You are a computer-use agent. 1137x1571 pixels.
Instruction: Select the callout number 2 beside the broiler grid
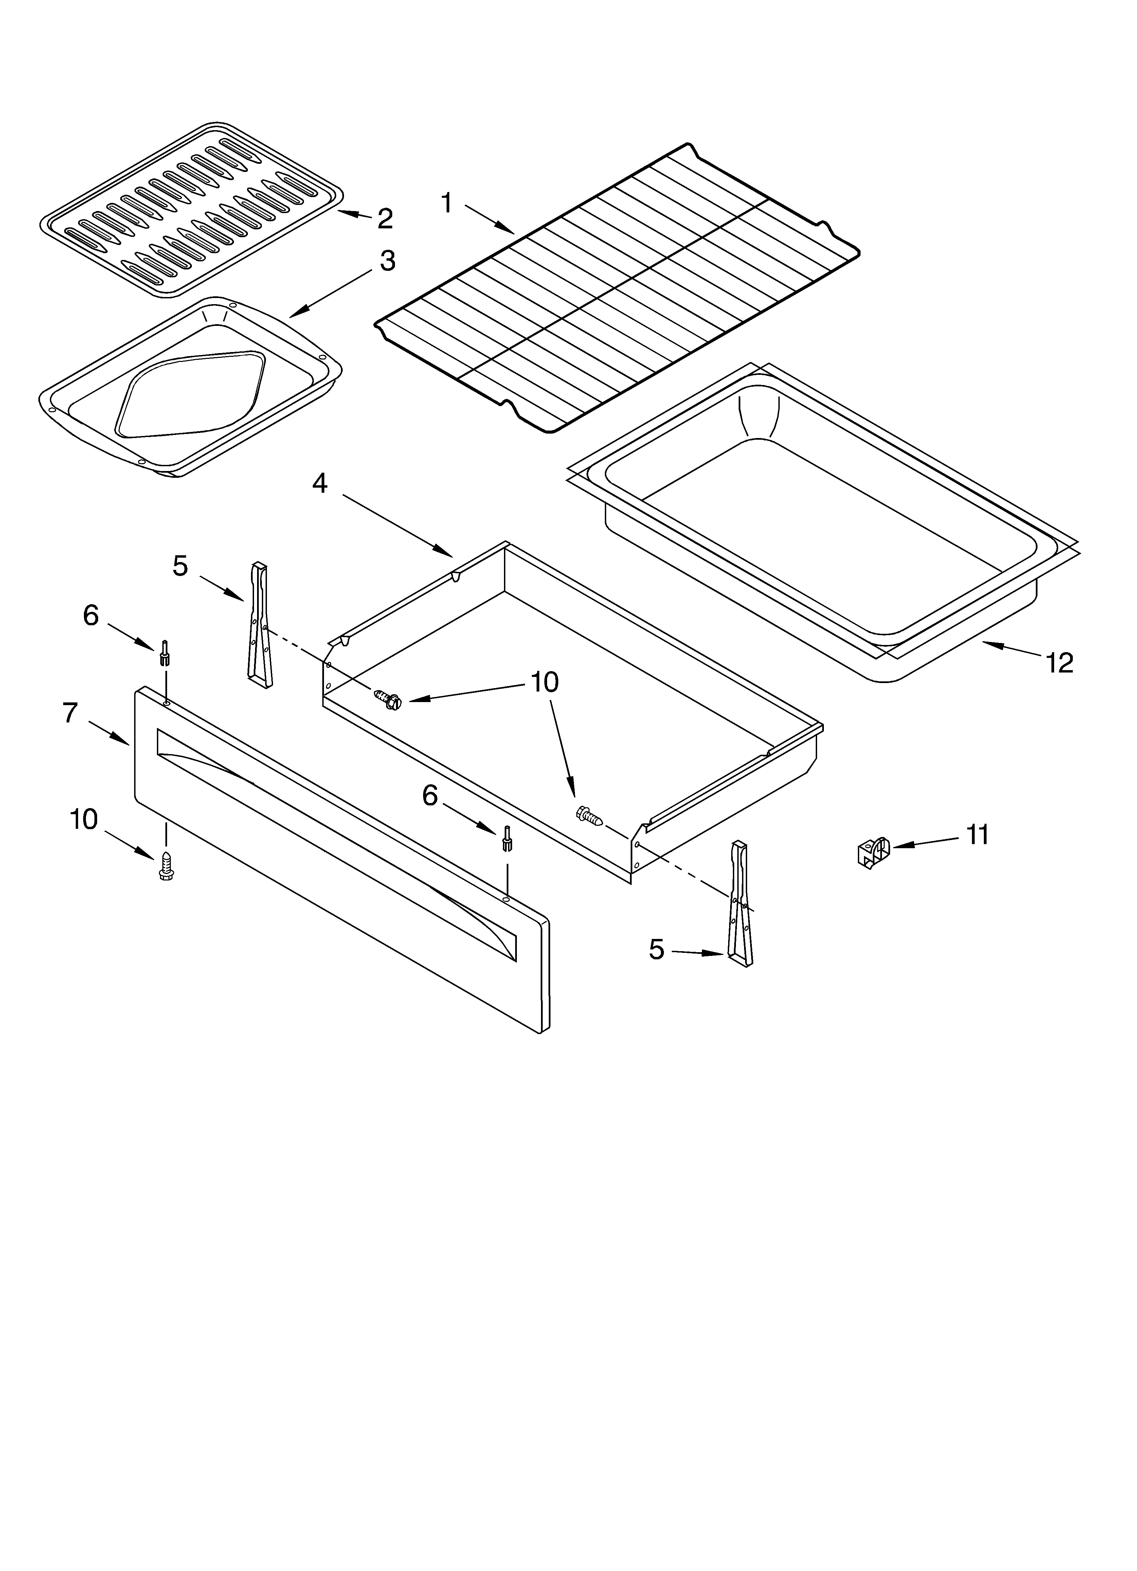pyautogui.click(x=385, y=219)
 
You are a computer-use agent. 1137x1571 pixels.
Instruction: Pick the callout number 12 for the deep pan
pyautogui.click(x=1060, y=663)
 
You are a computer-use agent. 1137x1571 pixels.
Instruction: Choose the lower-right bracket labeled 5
pyautogui.click(x=739, y=903)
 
